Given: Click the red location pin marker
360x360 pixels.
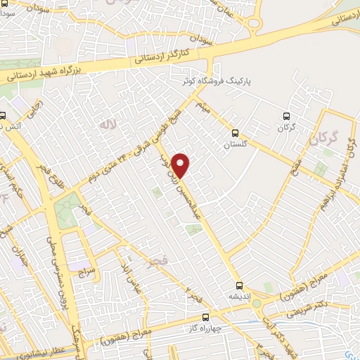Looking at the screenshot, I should point(181,165).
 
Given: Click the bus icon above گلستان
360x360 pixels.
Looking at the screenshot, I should point(236,131).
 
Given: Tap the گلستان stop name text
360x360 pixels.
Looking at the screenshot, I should point(236,143).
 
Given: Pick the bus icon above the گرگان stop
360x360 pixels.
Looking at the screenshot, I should point(285,116).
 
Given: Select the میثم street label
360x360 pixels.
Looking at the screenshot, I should point(202,108).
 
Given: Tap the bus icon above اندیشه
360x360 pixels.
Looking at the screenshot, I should point(240,285).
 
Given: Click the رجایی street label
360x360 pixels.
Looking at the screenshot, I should point(34,111).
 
